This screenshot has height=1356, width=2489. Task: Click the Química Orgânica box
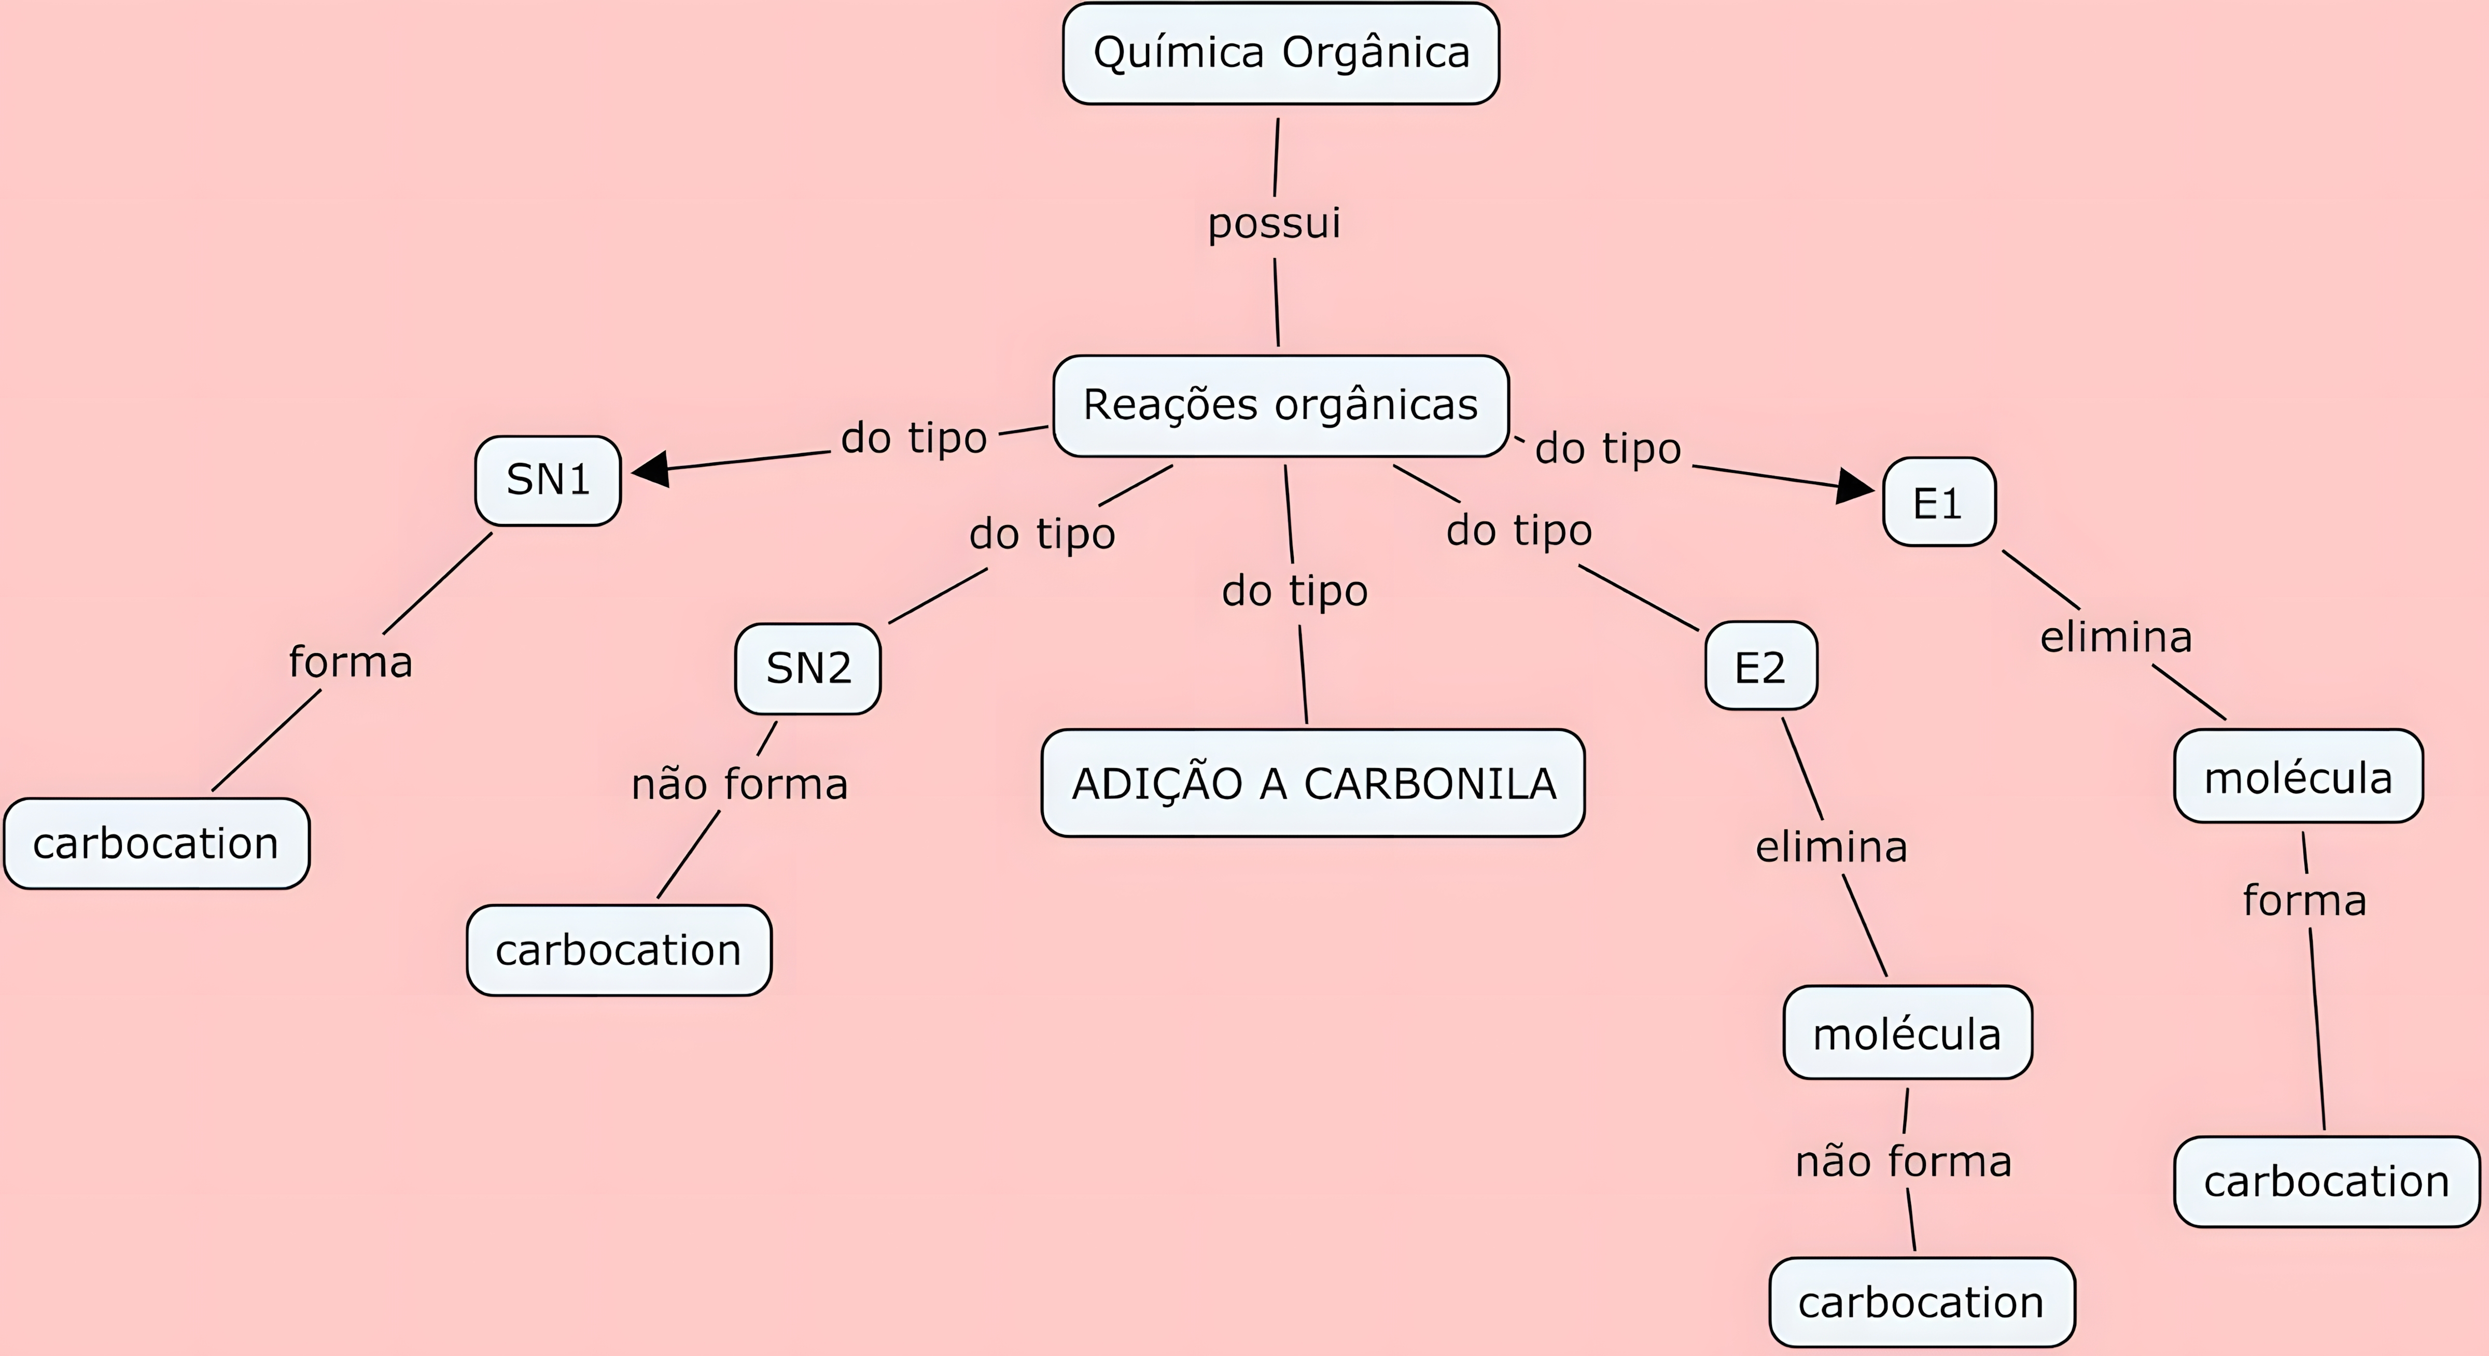(1280, 53)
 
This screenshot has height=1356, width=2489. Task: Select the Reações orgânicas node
(1280, 406)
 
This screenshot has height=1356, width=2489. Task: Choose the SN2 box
(808, 668)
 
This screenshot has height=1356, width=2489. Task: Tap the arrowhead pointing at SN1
(651, 470)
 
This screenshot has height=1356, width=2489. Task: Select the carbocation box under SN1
(157, 844)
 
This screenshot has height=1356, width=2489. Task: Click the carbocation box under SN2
(619, 950)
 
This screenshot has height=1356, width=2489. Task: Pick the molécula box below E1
(2298, 776)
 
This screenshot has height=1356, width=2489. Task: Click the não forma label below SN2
(739, 784)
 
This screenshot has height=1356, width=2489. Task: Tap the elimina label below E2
(1831, 847)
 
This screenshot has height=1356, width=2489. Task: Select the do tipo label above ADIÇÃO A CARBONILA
(1295, 591)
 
